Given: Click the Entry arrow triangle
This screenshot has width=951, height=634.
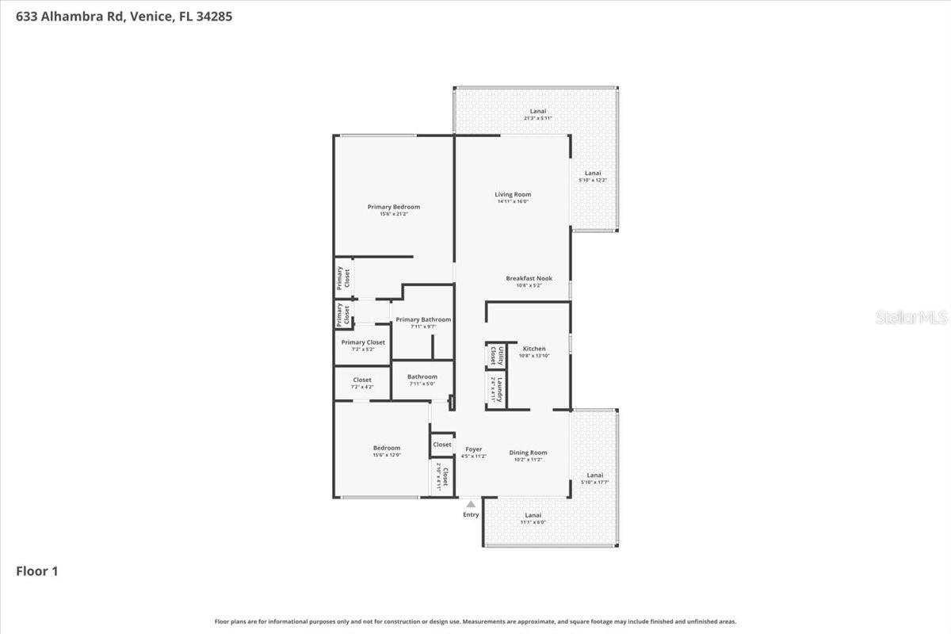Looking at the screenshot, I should pyautogui.click(x=471, y=503).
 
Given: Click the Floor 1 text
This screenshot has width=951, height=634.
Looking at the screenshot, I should pyautogui.click(x=37, y=571).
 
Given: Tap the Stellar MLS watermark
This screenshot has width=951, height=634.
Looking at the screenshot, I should pyautogui.click(x=911, y=318).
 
